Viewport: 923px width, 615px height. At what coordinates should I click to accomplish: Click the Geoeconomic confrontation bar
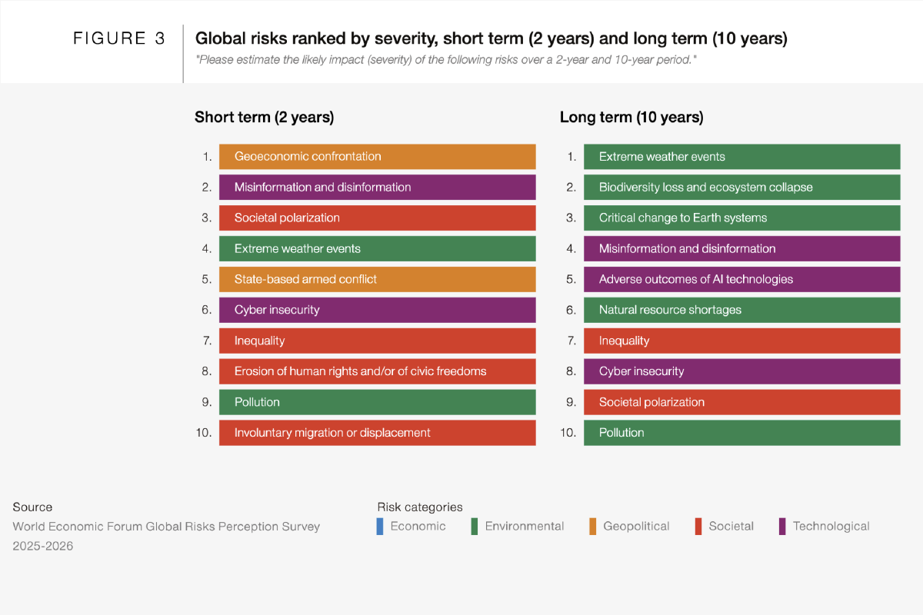[x=378, y=157]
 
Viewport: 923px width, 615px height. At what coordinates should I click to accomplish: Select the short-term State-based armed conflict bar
[x=378, y=279]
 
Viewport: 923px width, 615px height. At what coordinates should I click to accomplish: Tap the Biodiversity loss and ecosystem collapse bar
[x=741, y=187]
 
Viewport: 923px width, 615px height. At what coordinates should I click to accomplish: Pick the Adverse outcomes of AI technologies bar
[x=741, y=279]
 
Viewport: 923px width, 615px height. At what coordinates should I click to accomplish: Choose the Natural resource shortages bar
[x=741, y=310]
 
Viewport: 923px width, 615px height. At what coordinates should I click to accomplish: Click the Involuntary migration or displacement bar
[x=378, y=433]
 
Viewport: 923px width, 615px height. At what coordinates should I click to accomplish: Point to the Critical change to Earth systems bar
[x=741, y=218]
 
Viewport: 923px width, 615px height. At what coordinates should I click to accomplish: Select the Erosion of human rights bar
[x=378, y=371]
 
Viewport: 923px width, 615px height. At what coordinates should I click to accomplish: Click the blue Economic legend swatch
[x=380, y=527]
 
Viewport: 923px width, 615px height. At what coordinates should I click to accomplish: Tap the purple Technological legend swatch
[x=782, y=527]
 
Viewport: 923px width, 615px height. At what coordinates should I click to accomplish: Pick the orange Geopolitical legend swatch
[x=592, y=527]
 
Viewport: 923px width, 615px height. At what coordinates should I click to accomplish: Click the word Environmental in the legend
[x=524, y=526]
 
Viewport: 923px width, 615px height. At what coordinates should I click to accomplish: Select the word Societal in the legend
[x=731, y=526]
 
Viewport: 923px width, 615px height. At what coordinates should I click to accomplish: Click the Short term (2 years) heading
[x=264, y=118]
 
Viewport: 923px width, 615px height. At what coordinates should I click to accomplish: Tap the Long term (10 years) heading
[x=631, y=118]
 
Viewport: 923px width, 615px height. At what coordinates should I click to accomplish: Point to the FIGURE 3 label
[x=118, y=38]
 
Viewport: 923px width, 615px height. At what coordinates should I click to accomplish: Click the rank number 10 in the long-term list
[x=568, y=433]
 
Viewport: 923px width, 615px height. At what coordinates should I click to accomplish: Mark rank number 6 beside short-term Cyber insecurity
[x=206, y=310]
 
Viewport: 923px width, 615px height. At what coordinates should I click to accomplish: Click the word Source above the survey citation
[x=32, y=507]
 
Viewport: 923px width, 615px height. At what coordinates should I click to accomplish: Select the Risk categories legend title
[x=420, y=507]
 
